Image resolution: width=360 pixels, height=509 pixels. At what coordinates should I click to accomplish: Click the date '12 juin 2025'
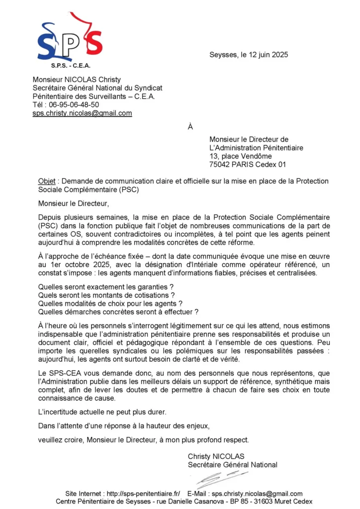(x=266, y=55)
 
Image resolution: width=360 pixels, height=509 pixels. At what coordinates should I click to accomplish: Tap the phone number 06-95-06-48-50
(x=72, y=104)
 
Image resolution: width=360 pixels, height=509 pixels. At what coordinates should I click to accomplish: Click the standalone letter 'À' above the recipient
(x=190, y=127)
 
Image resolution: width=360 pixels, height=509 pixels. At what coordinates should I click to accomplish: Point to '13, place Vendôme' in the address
(x=240, y=156)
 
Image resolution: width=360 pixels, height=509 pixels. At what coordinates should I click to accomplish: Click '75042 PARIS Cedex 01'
(x=248, y=165)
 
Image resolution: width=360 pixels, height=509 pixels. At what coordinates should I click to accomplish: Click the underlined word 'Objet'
(x=47, y=181)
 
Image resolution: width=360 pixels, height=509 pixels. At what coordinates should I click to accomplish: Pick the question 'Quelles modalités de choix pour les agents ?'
(x=110, y=303)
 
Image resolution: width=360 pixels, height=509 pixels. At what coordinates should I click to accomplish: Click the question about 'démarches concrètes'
(x=118, y=312)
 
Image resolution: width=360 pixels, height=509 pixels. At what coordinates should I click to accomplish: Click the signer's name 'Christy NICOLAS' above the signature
(x=216, y=456)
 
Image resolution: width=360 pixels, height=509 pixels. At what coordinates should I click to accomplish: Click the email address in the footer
(x=257, y=494)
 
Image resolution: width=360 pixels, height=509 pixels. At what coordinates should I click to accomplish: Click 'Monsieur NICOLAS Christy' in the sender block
(x=77, y=79)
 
